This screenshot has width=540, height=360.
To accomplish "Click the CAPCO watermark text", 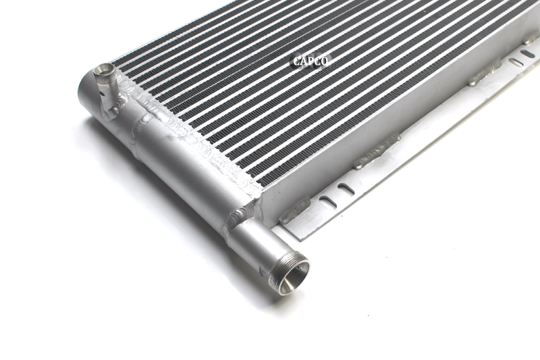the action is point(310,61).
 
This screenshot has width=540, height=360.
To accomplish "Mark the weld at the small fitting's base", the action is point(115,103).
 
